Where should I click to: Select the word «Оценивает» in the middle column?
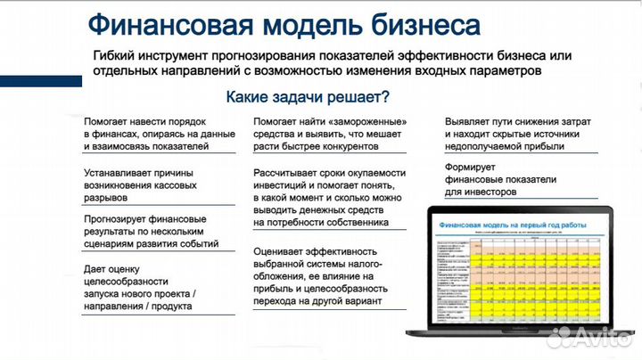280,251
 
